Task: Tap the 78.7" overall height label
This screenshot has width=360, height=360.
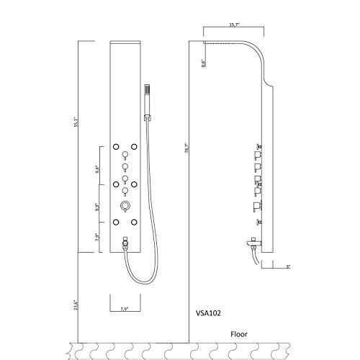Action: [189, 155]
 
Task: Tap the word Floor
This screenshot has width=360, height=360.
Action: [240, 333]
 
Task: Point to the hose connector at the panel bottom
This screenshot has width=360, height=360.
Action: [125, 243]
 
